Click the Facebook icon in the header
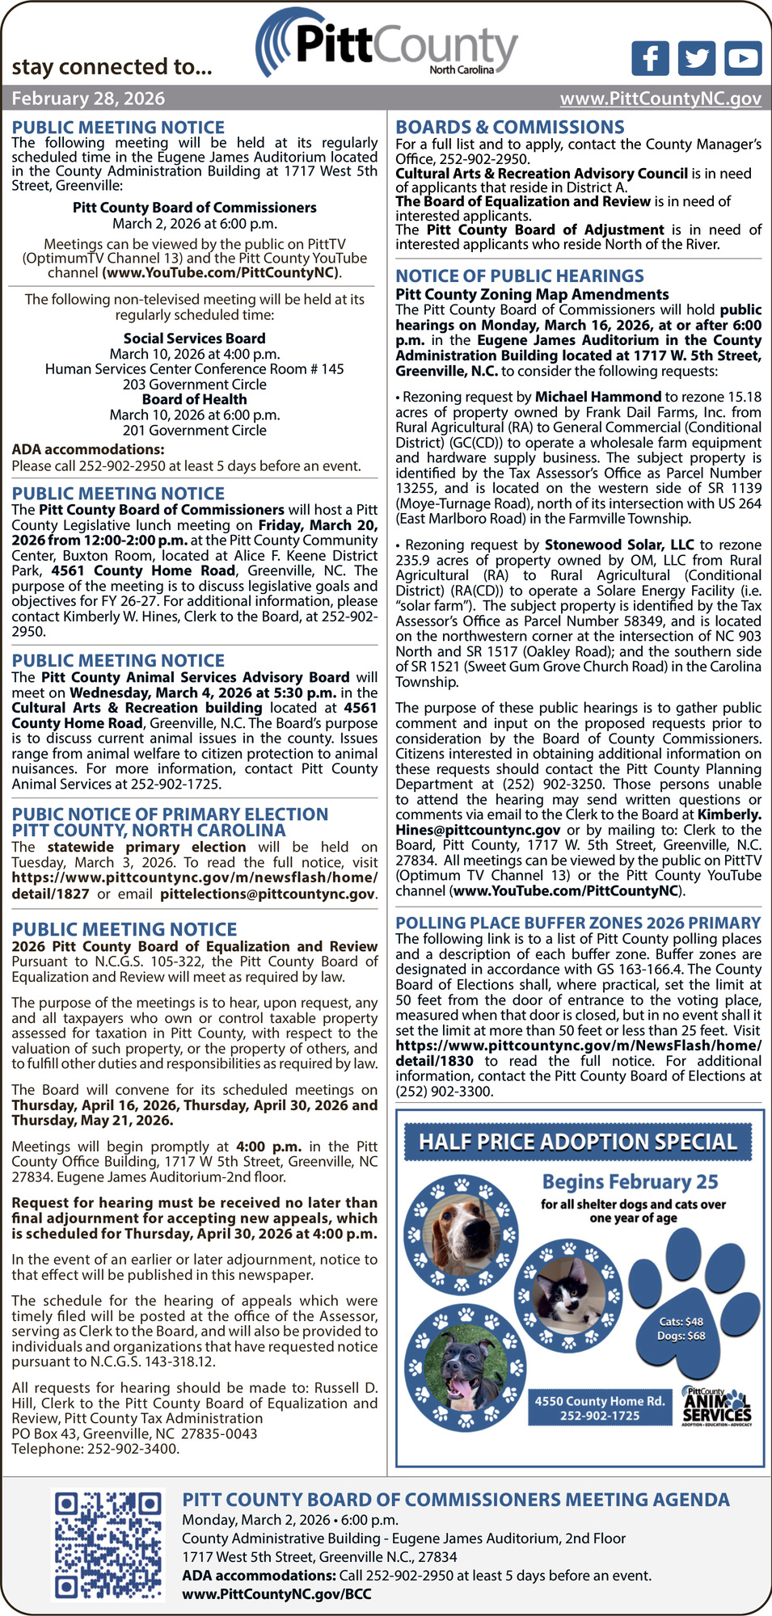[x=650, y=58]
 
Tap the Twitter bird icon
[x=696, y=58]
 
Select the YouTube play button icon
[x=743, y=58]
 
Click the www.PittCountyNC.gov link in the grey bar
[x=660, y=99]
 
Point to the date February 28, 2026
[x=88, y=99]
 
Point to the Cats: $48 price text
[x=681, y=1321]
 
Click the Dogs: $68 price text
[x=681, y=1336]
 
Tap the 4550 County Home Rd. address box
[x=600, y=1408]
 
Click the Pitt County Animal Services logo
[x=717, y=1407]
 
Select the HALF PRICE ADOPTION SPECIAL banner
[x=578, y=1142]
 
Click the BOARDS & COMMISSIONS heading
[x=509, y=128]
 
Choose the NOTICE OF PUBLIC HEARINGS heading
[x=519, y=276]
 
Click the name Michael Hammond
[x=597, y=397]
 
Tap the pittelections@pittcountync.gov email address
[x=268, y=894]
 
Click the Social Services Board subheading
[x=194, y=339]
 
